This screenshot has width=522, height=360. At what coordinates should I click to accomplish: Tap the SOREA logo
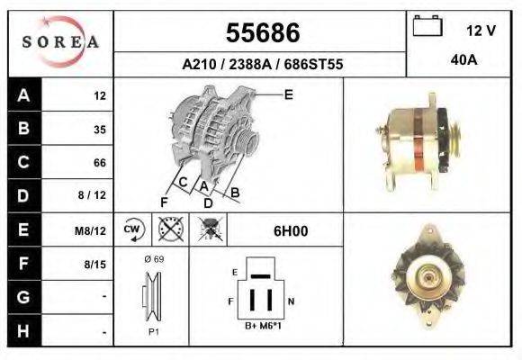pos(60,42)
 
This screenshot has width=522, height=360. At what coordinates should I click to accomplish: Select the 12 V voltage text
pos(481,31)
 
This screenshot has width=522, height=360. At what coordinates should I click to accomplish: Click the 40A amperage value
pos(463,62)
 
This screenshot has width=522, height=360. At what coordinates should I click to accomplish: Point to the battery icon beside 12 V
pos(425,27)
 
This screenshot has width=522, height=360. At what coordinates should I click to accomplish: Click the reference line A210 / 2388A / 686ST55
pos(261,65)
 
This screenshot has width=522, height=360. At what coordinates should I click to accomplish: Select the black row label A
pos(22,94)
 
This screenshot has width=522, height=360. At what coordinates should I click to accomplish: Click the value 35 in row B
pos(99,129)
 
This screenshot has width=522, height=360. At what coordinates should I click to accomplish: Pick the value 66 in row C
pos(99,163)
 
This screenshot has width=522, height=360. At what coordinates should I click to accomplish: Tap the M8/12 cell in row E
pos(92,230)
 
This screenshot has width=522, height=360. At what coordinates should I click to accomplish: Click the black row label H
pos(22,331)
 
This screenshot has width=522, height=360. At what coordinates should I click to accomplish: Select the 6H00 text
pos(291,230)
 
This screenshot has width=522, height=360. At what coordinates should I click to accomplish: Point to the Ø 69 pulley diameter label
pos(153,258)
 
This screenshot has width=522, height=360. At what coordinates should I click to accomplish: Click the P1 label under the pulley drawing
pos(153,331)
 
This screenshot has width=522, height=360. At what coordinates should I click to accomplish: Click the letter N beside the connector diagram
pos(290,299)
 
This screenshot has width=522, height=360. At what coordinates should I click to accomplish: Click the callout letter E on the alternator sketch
pos(288,94)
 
